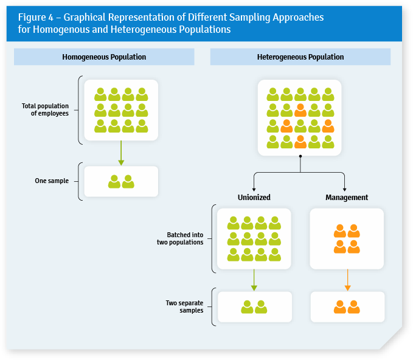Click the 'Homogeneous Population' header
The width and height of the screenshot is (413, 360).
(104, 57)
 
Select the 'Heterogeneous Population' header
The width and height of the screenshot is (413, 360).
(300, 57)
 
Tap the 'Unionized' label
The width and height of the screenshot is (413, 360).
(254, 198)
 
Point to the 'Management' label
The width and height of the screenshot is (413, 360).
(347, 198)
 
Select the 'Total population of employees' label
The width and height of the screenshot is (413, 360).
(45, 109)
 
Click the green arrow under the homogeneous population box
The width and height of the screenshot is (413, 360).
(121, 153)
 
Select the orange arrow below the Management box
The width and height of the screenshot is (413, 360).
(347, 280)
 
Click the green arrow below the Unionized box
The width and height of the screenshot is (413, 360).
(254, 280)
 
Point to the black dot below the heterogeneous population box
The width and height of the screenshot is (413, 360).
(300, 156)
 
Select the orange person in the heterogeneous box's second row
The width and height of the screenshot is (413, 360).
(300, 110)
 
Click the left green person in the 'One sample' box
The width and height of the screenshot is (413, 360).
(114, 181)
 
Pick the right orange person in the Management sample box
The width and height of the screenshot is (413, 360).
(353, 307)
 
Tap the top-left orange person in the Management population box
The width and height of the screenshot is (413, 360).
(340, 231)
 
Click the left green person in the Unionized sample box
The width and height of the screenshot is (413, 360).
(247, 307)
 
